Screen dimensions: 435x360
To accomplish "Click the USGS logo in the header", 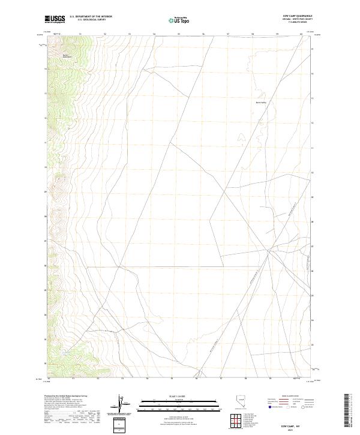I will [x=55, y=19].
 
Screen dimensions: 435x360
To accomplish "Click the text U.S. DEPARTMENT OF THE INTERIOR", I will [x=91, y=17].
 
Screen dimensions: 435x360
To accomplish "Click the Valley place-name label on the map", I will [x=261, y=102].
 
